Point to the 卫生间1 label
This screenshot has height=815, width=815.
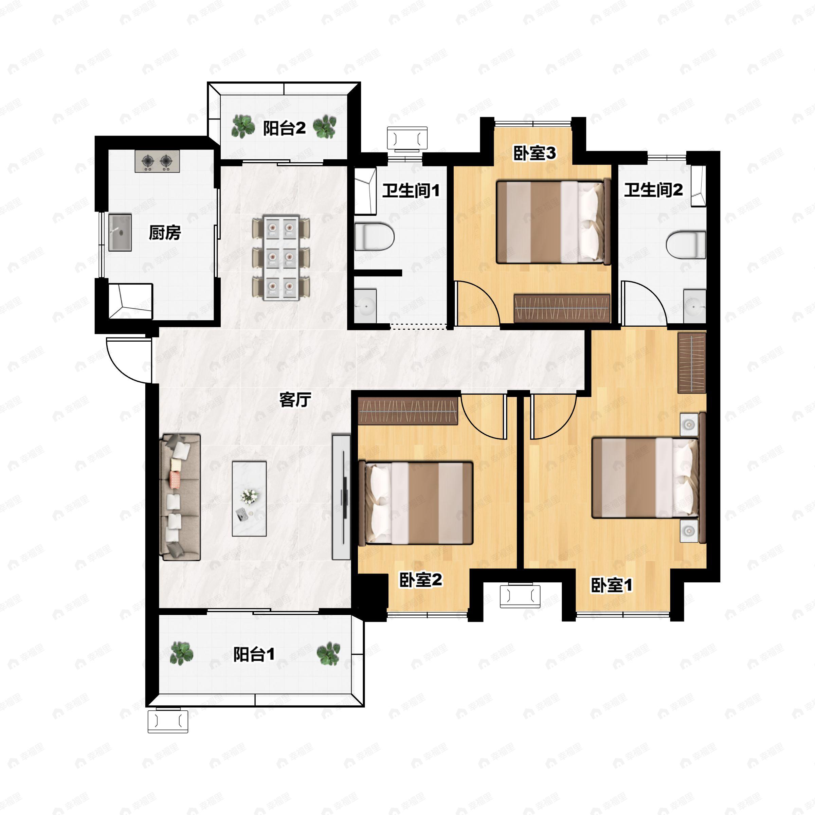coord(411,191)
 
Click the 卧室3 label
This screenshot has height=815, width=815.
coord(534,153)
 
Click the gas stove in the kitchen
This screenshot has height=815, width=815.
coord(157,161)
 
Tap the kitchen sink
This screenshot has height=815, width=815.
coord(120,232)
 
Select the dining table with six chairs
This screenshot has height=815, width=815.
coord(281,258)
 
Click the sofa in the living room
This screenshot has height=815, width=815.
coord(180,497)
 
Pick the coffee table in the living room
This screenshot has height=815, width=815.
coord(249,499)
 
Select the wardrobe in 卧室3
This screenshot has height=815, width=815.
coord(562,308)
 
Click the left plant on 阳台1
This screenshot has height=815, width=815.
coord(181,653)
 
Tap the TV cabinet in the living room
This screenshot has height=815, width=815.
coord(341,497)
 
